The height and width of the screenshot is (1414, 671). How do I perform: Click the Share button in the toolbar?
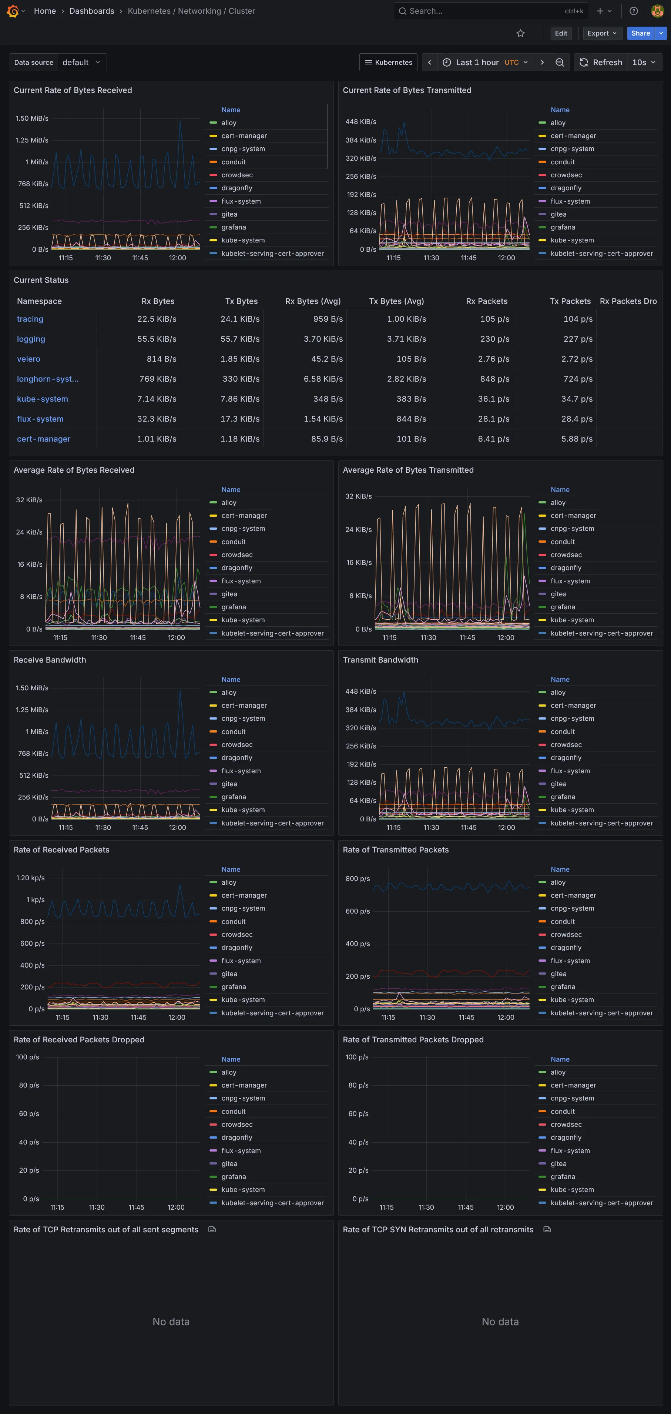point(640,33)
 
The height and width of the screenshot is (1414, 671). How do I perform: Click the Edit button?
point(561,33)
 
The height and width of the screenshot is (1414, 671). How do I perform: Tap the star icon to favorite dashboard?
point(520,33)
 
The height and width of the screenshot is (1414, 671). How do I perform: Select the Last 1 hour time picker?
point(485,63)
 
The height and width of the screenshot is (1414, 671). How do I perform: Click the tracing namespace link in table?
point(30,319)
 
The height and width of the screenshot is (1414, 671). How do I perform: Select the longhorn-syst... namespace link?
point(47,379)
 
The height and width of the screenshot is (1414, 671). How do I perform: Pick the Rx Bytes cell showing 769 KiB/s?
point(157,379)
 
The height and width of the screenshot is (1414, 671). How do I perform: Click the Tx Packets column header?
point(570,301)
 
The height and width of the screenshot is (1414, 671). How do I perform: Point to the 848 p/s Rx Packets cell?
point(494,379)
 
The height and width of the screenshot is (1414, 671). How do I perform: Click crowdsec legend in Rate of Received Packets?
point(236,935)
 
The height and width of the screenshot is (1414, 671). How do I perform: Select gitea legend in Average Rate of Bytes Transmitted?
point(558,594)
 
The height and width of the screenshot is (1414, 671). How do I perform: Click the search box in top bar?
point(483,11)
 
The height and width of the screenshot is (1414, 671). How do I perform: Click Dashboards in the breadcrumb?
point(92,11)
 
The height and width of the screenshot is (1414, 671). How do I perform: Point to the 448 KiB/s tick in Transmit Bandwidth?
point(360,691)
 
